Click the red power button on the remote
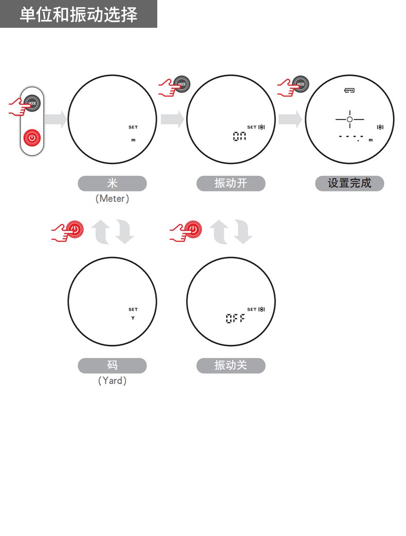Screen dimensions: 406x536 32,138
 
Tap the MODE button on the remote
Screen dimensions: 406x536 32,103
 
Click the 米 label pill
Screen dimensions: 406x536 113,183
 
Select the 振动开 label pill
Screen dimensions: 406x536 231,183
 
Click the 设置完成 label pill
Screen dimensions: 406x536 349,183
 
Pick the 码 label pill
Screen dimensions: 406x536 113,365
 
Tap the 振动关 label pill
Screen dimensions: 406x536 231,365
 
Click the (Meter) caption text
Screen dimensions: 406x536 113,199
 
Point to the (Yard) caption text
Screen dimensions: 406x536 113,381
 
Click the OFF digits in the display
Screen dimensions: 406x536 235,318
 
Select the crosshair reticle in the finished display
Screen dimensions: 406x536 349,119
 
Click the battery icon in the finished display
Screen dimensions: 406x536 349,90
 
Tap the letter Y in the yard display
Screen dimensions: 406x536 133,318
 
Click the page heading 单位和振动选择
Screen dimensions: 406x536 79,15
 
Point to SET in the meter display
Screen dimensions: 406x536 133,127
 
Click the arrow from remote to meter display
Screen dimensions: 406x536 56,119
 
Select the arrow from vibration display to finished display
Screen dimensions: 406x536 290,119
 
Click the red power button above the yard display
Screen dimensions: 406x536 75,229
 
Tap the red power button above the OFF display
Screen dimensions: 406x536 193,229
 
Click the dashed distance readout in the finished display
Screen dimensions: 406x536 351,137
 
